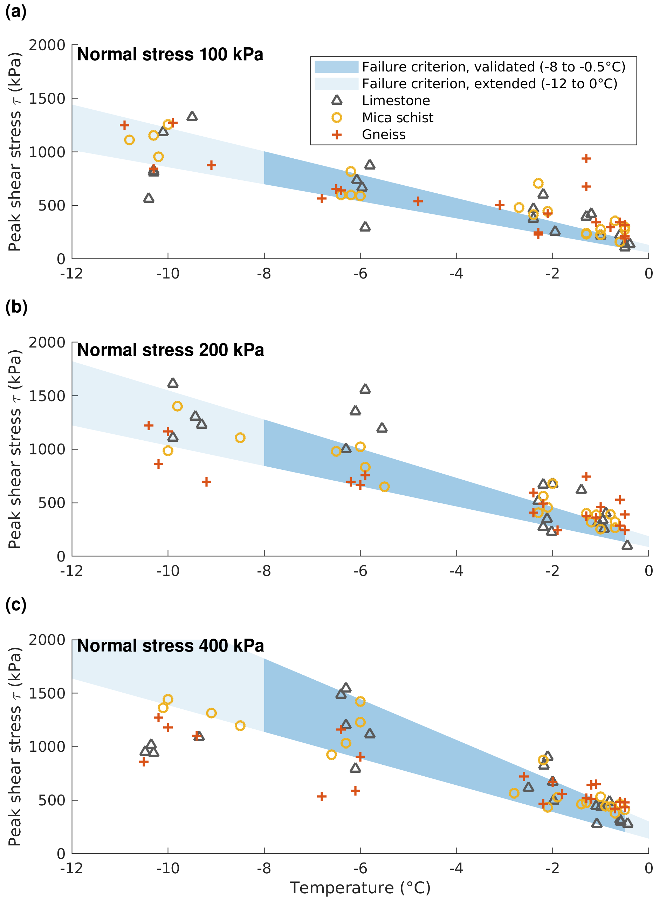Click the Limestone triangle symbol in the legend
click(x=337, y=100)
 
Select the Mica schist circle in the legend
click(x=337, y=117)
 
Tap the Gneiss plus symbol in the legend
click(x=337, y=135)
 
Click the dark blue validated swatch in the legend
click(x=336, y=67)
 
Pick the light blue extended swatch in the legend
click(x=336, y=83)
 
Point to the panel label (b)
click(x=16, y=307)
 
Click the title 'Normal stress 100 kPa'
click(x=170, y=54)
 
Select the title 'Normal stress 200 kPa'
click(x=170, y=350)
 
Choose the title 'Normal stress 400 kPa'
click(x=170, y=645)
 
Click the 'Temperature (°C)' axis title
click(x=360, y=888)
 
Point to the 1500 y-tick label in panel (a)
click(x=47, y=98)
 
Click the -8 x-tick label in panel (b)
click(x=264, y=571)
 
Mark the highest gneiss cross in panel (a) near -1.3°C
click(x=585, y=158)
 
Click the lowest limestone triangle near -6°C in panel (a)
click(x=365, y=227)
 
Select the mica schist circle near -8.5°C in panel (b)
click(x=240, y=438)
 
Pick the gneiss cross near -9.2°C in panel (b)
click(x=206, y=482)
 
